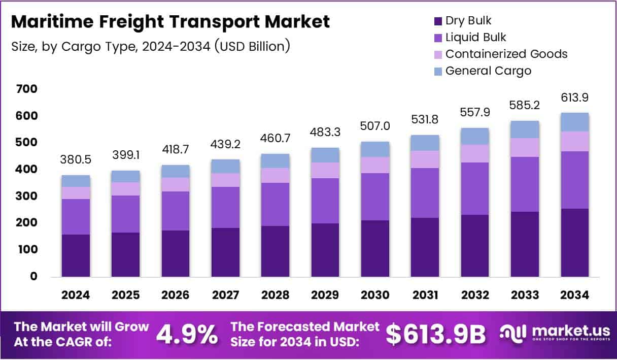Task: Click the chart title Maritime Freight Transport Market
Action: click(x=170, y=22)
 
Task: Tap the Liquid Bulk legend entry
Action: click(x=475, y=37)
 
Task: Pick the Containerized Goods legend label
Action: click(x=506, y=54)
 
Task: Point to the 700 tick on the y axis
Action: click(x=27, y=89)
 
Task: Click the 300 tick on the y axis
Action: click(x=27, y=196)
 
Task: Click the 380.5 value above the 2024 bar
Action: click(x=75, y=159)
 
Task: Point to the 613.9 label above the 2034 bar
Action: click(x=575, y=97)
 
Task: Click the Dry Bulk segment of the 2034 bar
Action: click(x=575, y=243)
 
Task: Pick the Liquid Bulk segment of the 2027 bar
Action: click(x=225, y=207)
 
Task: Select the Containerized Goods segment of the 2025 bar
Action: click(x=125, y=189)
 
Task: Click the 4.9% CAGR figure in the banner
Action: click(x=187, y=334)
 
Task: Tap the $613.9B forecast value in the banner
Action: click(x=435, y=334)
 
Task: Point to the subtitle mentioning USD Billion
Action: click(x=150, y=46)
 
